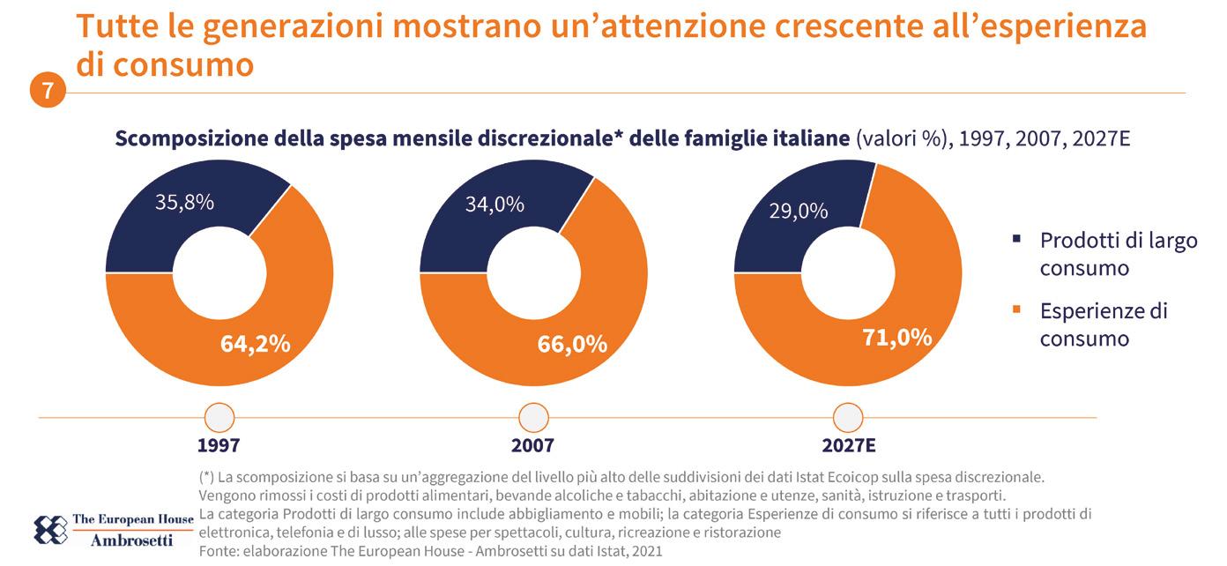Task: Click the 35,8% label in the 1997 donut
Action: pyautogui.click(x=184, y=203)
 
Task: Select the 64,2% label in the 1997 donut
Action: pyautogui.click(x=255, y=344)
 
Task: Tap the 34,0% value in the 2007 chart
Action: pyautogui.click(x=494, y=205)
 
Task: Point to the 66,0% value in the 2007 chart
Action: pyautogui.click(x=572, y=344)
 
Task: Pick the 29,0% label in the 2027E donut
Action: pyautogui.click(x=798, y=212)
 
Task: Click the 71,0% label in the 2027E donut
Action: pyautogui.click(x=896, y=337)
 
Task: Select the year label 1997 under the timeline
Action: pyautogui.click(x=219, y=444)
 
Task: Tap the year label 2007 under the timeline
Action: pyautogui.click(x=532, y=444)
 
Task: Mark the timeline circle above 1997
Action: pyautogui.click(x=219, y=416)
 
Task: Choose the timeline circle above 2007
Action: pyautogui.click(x=533, y=416)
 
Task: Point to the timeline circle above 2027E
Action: pyautogui.click(x=847, y=416)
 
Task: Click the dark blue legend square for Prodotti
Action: pyautogui.click(x=1016, y=239)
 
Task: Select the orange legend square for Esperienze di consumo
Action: pyautogui.click(x=1016, y=309)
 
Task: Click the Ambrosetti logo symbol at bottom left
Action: pyautogui.click(x=49, y=528)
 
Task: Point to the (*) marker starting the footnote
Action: pyautogui.click(x=210, y=477)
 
